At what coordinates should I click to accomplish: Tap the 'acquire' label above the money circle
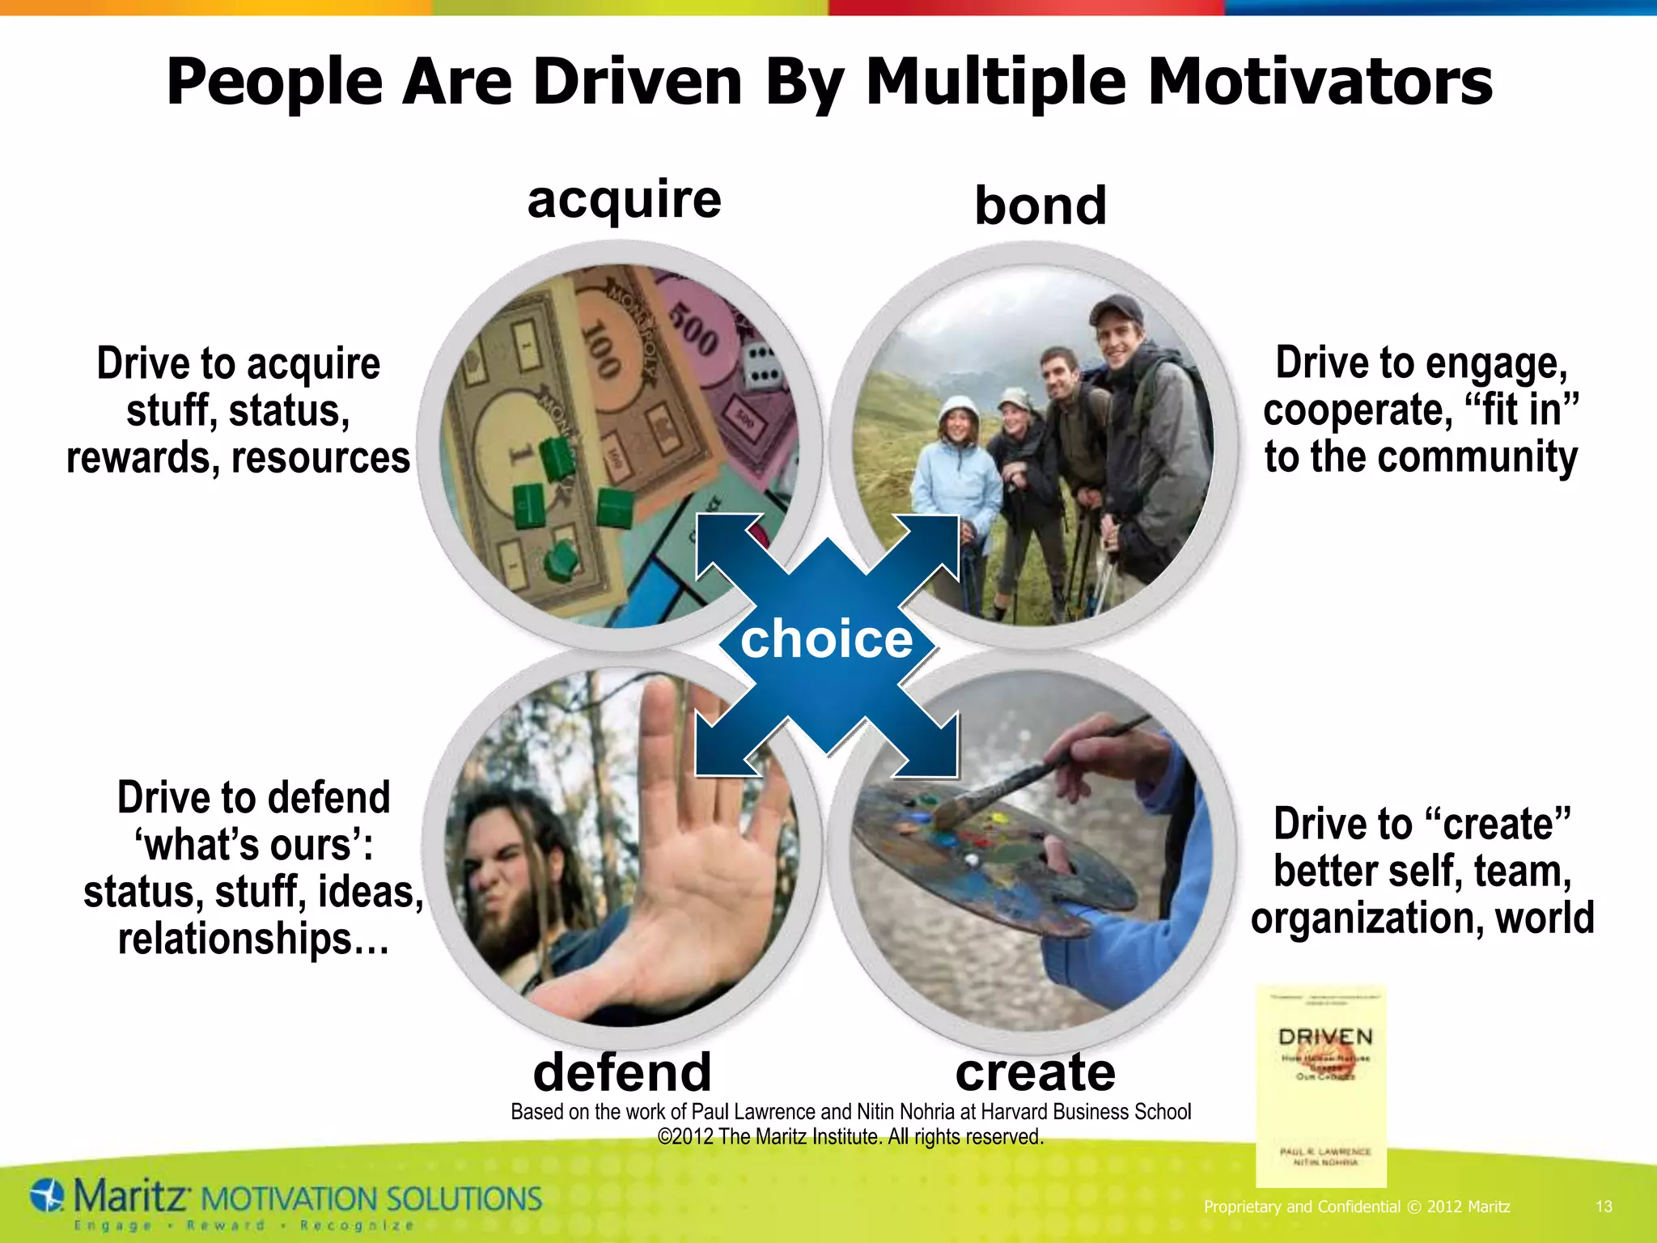624,199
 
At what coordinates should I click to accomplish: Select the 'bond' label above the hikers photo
1040,206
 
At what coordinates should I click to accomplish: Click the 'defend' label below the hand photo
622,1071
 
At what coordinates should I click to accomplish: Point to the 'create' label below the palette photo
1036,1071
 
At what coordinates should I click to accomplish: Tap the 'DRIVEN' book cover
1321,1084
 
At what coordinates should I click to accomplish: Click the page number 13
1604,1207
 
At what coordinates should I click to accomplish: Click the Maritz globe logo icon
48,1196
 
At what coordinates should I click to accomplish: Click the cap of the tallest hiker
1116,308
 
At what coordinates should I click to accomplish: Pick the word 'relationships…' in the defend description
253,939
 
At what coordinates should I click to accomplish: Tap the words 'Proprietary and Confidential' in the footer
1302,1207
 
